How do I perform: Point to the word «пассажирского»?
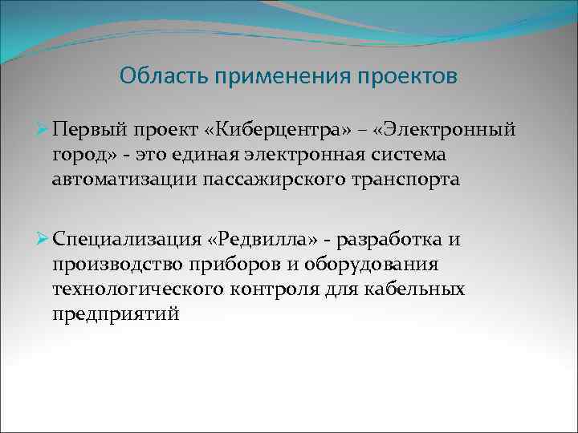pos(273,180)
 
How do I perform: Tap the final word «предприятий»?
pos(116,314)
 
